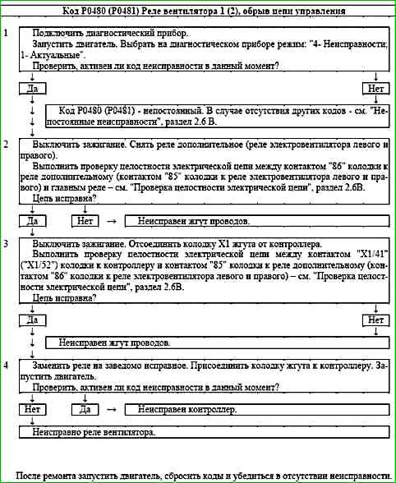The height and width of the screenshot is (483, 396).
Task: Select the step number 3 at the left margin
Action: point(6,245)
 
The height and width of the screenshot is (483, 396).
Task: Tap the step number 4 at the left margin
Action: point(6,363)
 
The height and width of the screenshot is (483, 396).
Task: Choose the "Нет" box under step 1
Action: point(375,87)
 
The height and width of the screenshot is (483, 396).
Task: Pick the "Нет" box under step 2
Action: point(85,221)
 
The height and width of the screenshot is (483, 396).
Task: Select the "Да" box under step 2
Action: point(33,221)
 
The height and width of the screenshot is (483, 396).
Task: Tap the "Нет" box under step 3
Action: point(375,320)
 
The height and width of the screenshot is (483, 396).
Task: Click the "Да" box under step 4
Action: point(85,408)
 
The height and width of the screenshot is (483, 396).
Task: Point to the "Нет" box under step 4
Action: point(33,408)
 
